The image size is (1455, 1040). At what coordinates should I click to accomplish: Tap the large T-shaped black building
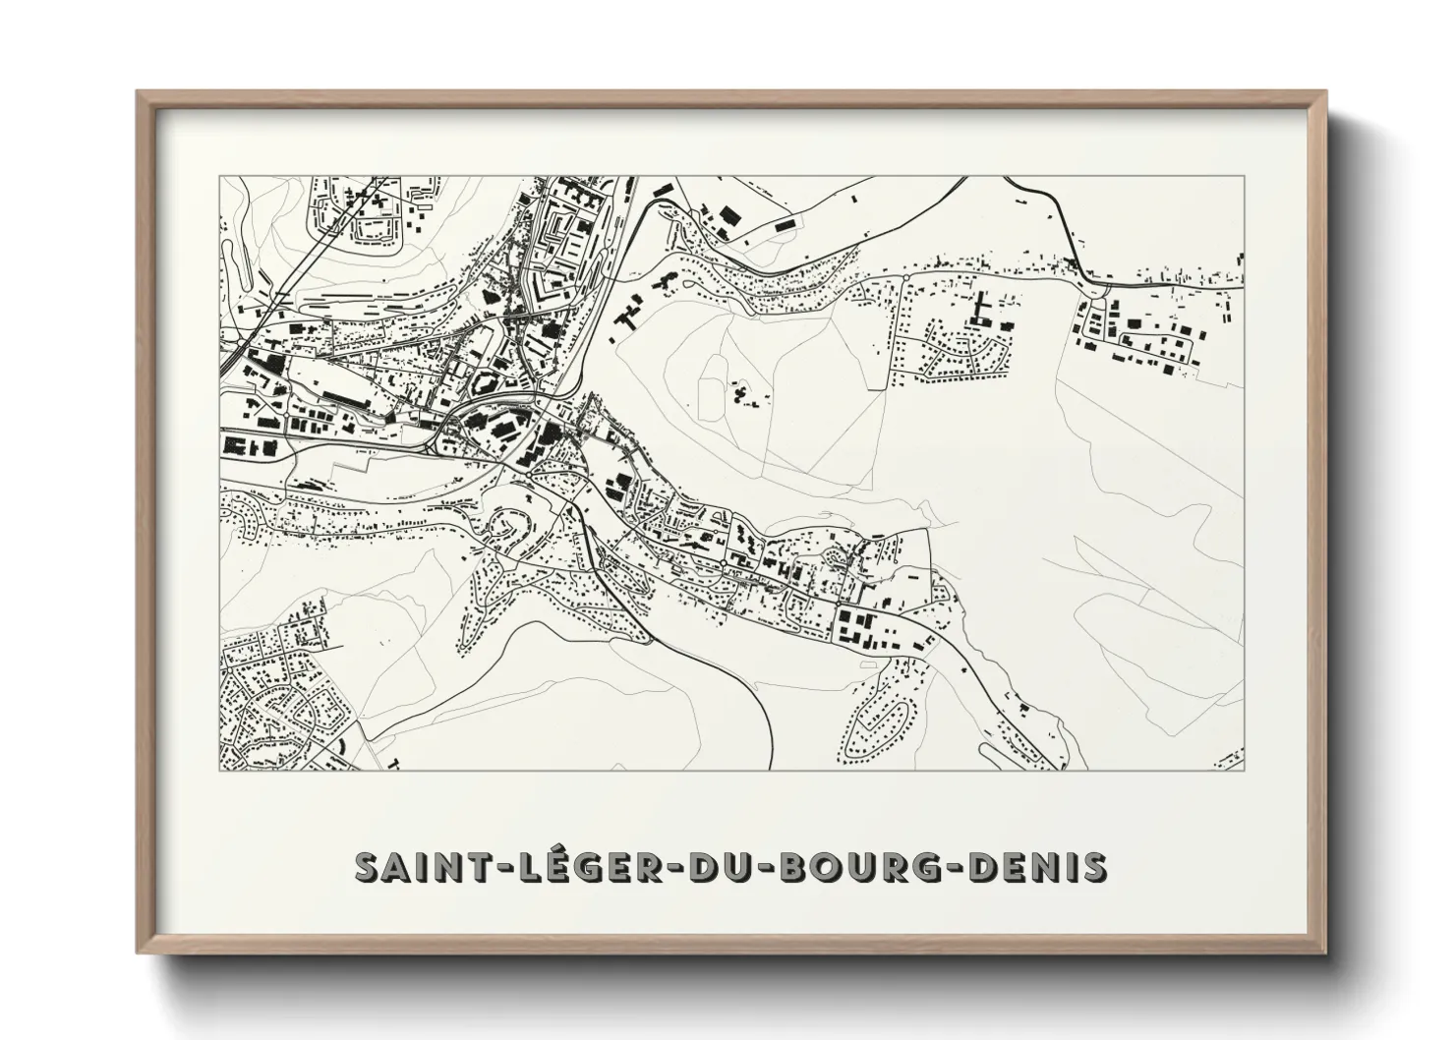coord(980,308)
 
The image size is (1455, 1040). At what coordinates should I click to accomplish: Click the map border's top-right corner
coord(1245,177)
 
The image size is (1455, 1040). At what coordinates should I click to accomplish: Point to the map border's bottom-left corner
coord(220,770)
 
